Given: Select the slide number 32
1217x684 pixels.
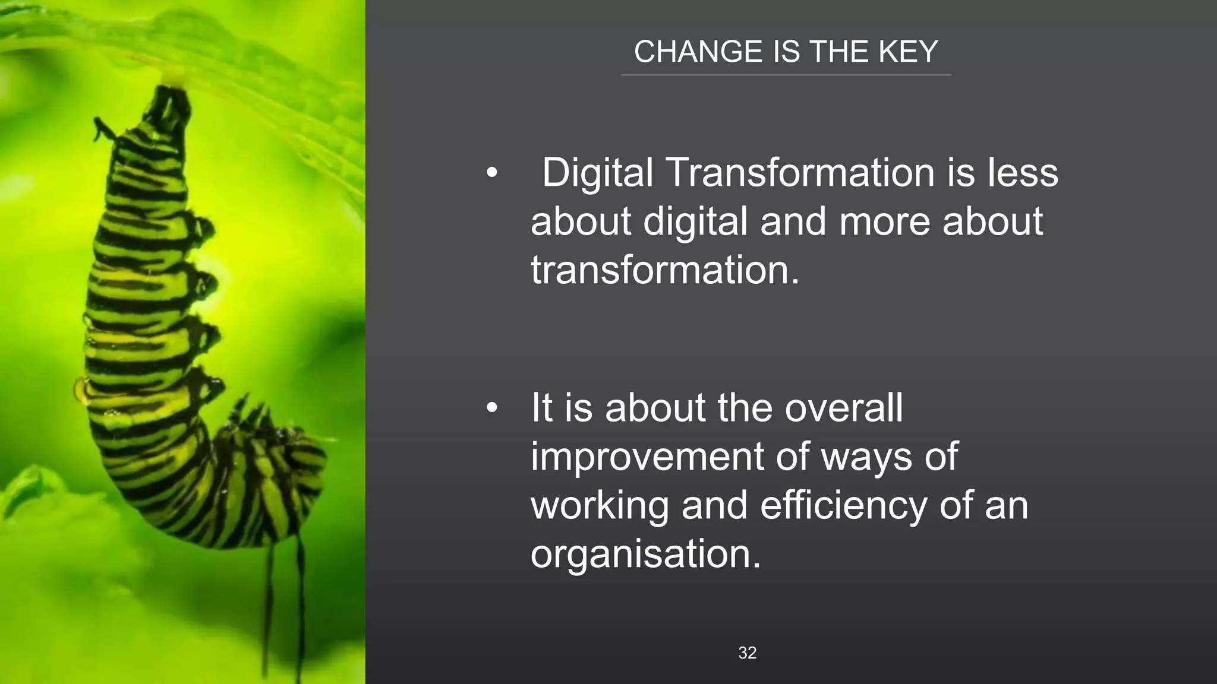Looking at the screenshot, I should pos(747,653).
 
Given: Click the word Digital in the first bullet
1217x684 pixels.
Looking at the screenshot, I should pos(597,173).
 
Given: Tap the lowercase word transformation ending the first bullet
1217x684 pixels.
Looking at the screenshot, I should pos(664,270).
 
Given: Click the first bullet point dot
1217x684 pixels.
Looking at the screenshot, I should pos(491,173).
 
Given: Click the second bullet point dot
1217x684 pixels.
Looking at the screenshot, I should pos(491,408).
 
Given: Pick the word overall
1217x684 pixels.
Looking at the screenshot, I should pos(843,408).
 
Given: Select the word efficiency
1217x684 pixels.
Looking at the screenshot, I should pos(843,505).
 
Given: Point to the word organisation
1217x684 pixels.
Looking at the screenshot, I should pos(645,554).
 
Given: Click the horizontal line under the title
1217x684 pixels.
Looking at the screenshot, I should pos(786,75).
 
